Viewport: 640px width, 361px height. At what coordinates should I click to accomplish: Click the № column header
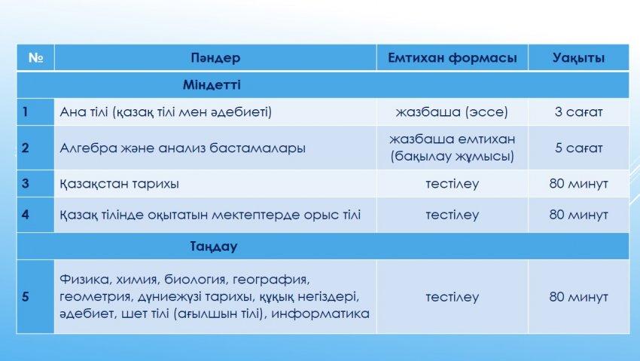35,57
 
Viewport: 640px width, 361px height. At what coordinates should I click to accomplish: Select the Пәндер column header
215,57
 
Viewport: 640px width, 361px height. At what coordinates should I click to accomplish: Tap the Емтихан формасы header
453,57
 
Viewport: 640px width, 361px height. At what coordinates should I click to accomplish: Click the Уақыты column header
578,57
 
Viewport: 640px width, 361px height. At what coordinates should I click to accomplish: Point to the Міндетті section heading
212,84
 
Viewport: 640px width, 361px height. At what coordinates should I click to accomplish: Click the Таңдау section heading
214,246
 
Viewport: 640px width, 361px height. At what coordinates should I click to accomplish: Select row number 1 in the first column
25,112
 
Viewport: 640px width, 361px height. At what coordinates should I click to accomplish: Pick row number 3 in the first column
26,183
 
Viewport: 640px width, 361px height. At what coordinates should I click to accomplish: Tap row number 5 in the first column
26,296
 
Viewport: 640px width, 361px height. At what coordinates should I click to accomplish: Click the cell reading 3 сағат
578,112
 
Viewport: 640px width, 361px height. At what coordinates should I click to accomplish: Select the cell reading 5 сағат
578,148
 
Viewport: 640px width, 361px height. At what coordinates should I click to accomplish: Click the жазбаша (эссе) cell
452,112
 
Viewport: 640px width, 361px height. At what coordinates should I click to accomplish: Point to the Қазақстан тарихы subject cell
119,184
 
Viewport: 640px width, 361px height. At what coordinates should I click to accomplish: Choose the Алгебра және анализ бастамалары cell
182,148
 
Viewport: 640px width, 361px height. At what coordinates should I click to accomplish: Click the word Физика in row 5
84,280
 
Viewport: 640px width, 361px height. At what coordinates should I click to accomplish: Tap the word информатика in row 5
321,314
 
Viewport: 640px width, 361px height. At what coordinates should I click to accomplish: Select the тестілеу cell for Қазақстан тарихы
453,184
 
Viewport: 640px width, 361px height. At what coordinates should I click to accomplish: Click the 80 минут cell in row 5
578,296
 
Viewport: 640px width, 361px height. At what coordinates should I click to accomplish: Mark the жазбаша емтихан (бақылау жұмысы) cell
453,148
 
